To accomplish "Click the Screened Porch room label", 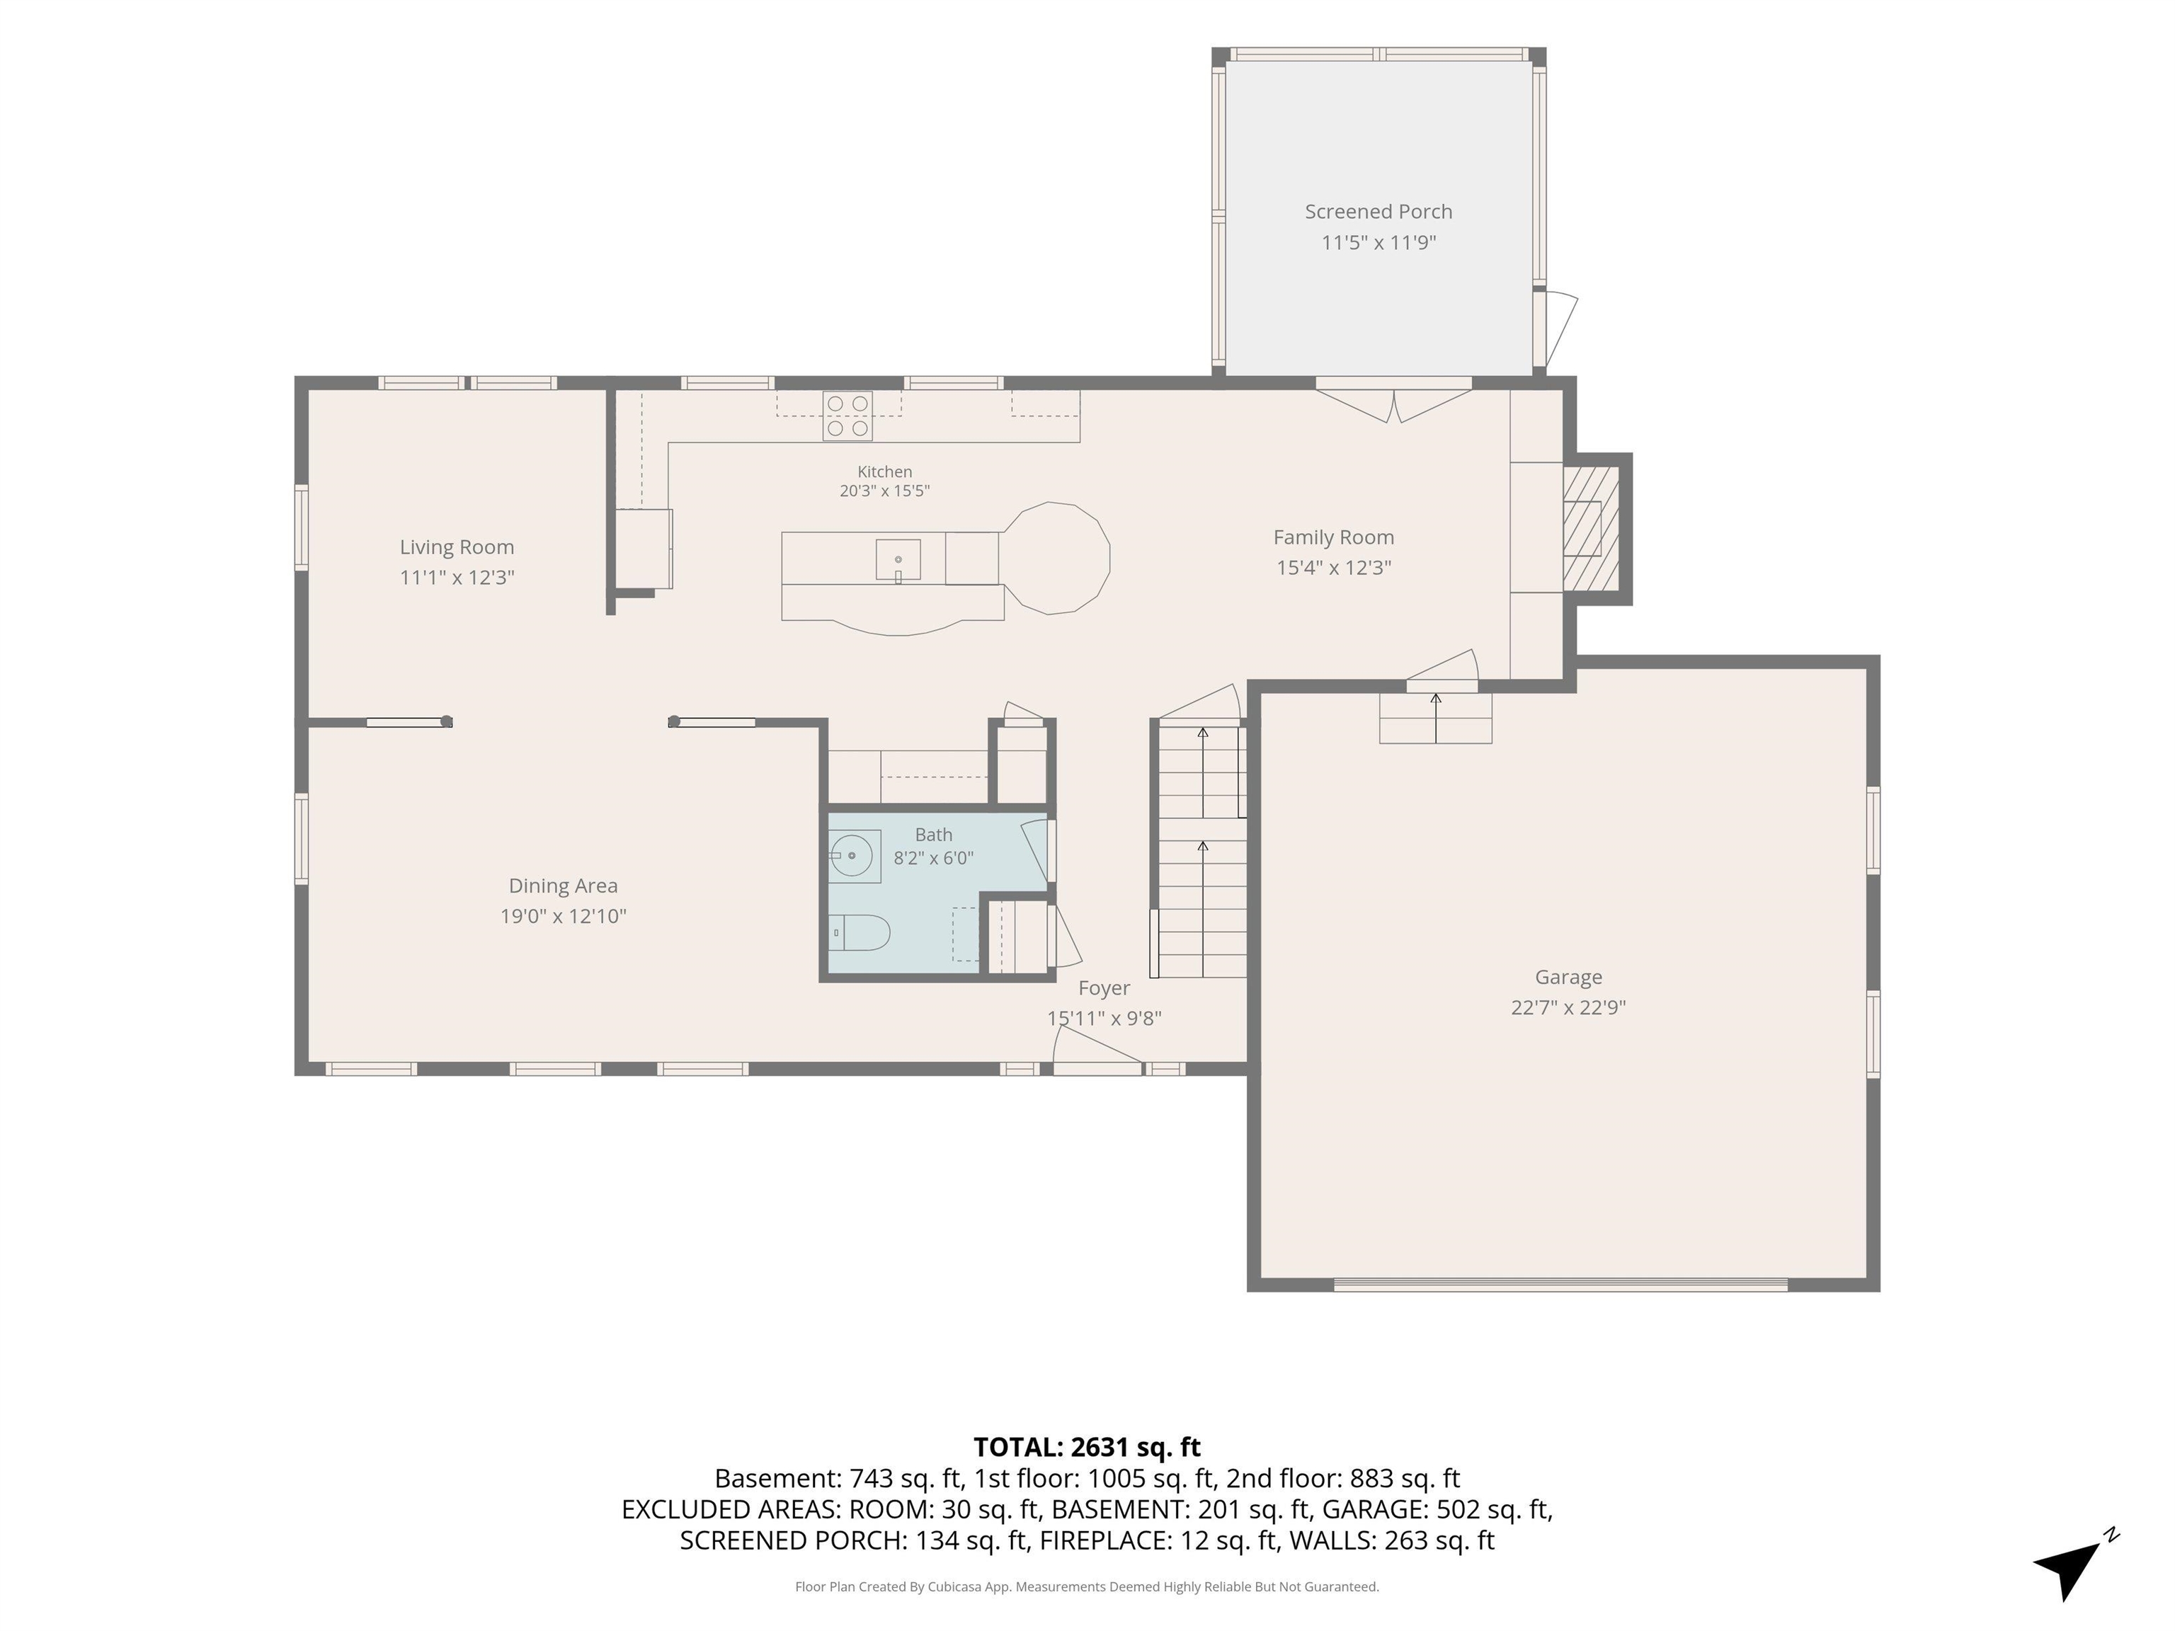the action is tap(1378, 212).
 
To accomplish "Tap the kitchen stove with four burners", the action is tap(847, 416).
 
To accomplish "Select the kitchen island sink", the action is tap(898, 559).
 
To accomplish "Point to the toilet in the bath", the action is tap(860, 932).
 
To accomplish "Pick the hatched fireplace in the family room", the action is tap(1591, 529).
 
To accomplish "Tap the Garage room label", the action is tap(1568, 977).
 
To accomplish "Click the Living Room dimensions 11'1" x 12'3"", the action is tap(457, 577).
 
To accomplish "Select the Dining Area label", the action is tap(564, 886).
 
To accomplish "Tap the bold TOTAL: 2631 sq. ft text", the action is tap(1087, 1447).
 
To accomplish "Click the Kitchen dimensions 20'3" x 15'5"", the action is tap(884, 491).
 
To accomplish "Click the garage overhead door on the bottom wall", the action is tap(1560, 1284).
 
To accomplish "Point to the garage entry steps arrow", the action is tap(1436, 718).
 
